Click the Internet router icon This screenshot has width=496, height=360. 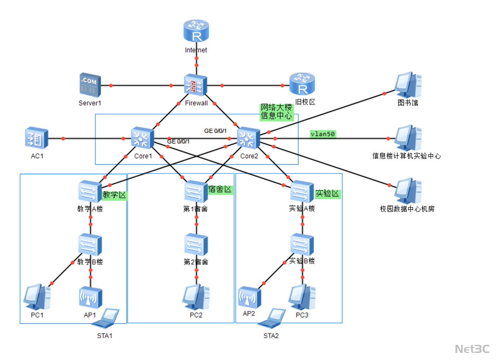[x=196, y=31]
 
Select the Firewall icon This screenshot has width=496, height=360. [x=195, y=85]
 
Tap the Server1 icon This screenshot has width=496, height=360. [x=90, y=85]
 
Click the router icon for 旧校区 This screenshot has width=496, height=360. [x=302, y=84]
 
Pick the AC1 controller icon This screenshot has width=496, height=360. [x=36, y=138]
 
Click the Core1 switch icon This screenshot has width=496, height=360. [x=142, y=138]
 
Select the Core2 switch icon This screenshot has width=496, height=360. [x=248, y=138]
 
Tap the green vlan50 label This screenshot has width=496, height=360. [x=323, y=134]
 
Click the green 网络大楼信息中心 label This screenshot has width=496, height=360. [x=276, y=112]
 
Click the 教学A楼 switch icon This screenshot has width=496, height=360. [x=90, y=191]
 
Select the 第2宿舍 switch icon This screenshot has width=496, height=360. [x=196, y=244]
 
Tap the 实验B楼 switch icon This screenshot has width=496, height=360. [x=302, y=244]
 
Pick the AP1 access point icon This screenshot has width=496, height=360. [x=90, y=297]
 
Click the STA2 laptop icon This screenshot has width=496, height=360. [x=272, y=318]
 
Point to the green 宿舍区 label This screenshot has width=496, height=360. [x=220, y=189]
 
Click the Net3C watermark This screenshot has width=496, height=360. [x=472, y=349]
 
